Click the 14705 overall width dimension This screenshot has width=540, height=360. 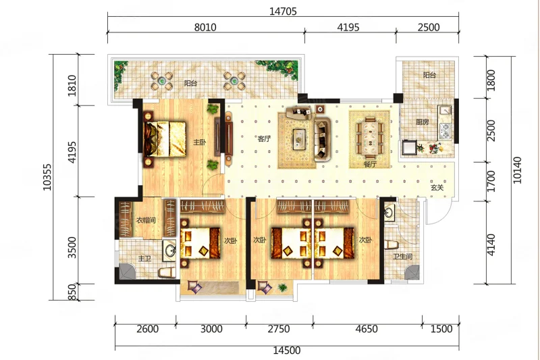[x=283, y=11]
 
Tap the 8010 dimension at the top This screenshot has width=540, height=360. [x=205, y=27]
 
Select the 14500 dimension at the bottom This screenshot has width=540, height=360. [x=287, y=351]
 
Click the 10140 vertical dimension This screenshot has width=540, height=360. [x=517, y=170]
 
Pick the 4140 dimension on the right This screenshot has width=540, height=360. [x=491, y=245]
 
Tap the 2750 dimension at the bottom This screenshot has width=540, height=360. [x=279, y=329]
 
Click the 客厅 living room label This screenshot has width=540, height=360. [x=264, y=139]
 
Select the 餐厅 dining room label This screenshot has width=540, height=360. [x=370, y=164]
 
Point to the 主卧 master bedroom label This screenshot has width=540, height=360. [x=199, y=142]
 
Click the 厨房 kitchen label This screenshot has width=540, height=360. [x=423, y=122]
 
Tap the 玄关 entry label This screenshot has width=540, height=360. [x=437, y=188]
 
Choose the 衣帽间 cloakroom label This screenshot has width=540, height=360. [x=146, y=220]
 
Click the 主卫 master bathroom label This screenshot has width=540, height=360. [x=144, y=258]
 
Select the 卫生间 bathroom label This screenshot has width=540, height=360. [x=403, y=256]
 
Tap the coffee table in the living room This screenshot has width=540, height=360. [x=299, y=139]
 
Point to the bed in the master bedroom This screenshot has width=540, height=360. [x=165, y=139]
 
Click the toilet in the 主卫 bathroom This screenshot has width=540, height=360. [x=167, y=272]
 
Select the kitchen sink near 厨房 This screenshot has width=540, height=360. [x=445, y=110]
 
